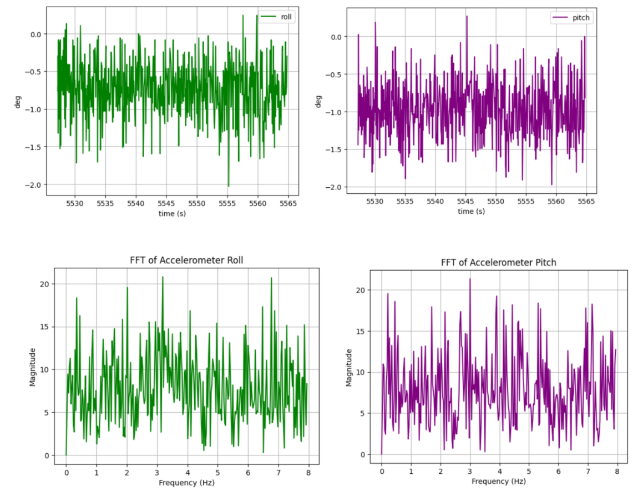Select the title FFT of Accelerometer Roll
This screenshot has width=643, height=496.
click(186, 260)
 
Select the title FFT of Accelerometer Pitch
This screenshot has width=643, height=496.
click(498, 262)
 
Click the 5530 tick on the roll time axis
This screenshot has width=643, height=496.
click(75, 204)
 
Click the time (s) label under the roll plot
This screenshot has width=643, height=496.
click(171, 214)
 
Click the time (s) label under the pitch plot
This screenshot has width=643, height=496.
click(471, 211)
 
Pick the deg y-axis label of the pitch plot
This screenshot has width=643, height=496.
click(318, 102)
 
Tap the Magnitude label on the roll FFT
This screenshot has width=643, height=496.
click(32, 367)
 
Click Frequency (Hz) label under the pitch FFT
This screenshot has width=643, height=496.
click(498, 481)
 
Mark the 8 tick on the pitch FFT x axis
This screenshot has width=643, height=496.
click(617, 471)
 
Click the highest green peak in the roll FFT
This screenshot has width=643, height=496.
click(163, 277)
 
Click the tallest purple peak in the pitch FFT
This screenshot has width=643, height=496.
click(470, 279)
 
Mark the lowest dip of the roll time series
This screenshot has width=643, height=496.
click(228, 187)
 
